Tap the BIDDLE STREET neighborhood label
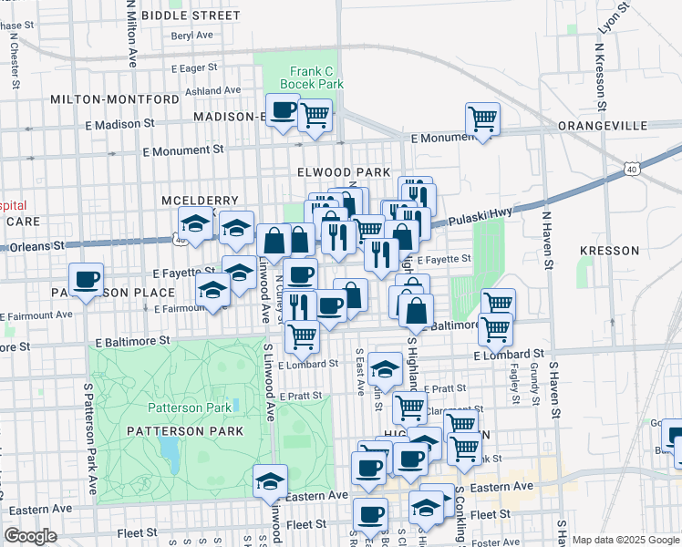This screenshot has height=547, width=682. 189,15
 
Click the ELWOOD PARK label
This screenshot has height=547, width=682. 343,172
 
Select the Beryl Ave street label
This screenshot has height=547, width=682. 191,36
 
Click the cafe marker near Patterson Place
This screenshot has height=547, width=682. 87,278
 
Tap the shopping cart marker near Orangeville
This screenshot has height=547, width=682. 481,118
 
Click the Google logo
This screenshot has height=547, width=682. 30,536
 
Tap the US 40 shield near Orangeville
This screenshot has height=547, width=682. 631,169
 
